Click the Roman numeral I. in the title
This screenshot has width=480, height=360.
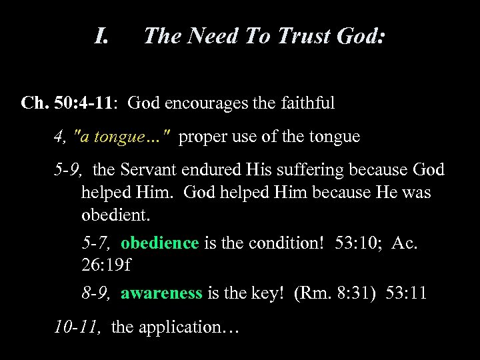[x=102, y=36]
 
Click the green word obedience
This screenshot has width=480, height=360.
[x=160, y=243]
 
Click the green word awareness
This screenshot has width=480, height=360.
[x=161, y=294]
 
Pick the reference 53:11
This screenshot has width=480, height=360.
[x=410, y=294]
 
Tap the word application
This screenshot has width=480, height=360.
[x=184, y=327]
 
